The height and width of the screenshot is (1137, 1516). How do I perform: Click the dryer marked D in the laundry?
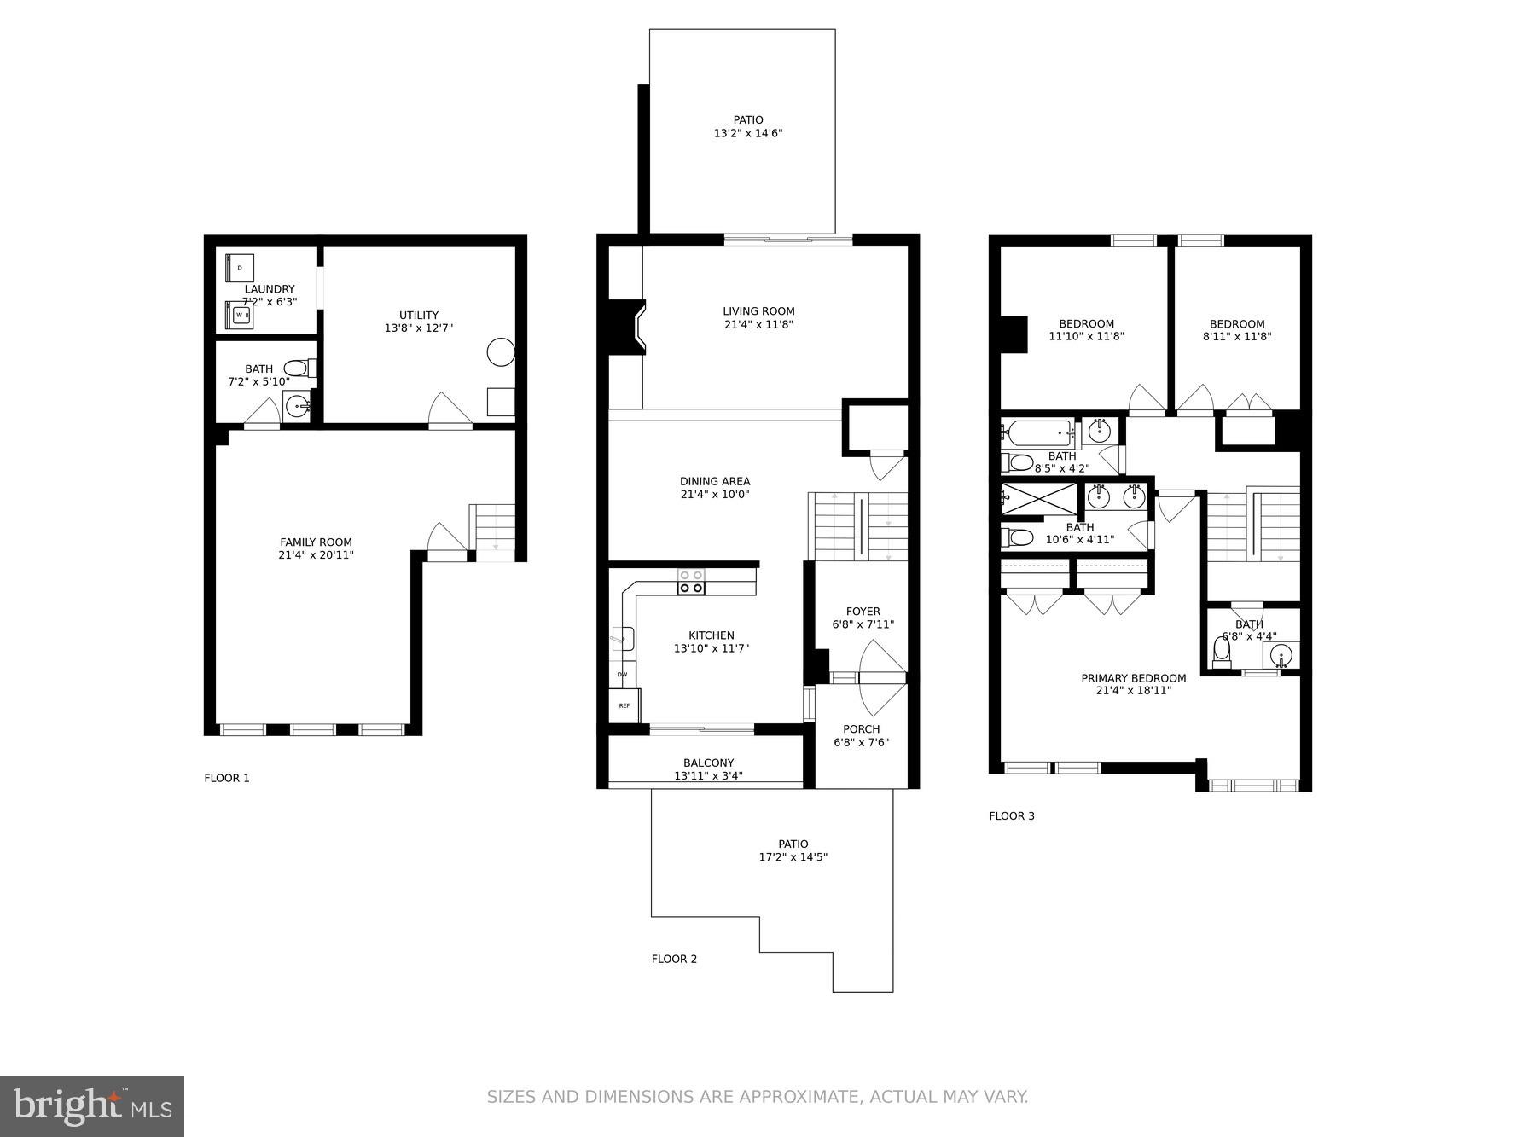[240, 268]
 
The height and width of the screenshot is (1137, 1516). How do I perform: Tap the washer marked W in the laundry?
[240, 315]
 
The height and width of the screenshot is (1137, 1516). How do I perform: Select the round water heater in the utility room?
[501, 352]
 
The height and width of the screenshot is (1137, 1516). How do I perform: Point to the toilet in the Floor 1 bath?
[299, 368]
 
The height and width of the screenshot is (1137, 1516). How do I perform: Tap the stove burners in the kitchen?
[691, 582]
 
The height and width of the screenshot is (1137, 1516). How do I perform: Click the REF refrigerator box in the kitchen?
[624, 705]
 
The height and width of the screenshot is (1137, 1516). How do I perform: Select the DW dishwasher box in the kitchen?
[623, 675]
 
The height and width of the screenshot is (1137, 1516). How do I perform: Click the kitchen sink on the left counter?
[623, 638]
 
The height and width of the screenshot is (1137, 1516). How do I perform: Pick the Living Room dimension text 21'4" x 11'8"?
[758, 325]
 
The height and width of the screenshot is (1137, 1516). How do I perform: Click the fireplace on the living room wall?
[630, 326]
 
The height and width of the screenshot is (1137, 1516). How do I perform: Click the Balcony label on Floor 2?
[708, 763]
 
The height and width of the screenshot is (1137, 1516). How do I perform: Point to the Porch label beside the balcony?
[861, 729]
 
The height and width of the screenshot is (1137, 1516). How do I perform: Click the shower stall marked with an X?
[1039, 498]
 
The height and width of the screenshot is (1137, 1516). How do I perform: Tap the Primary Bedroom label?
[1133, 679]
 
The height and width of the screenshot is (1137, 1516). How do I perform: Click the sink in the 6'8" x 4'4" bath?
[1281, 655]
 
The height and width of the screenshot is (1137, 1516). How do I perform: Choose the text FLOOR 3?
[1011, 816]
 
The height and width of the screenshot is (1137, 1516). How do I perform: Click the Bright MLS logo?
[92, 1106]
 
